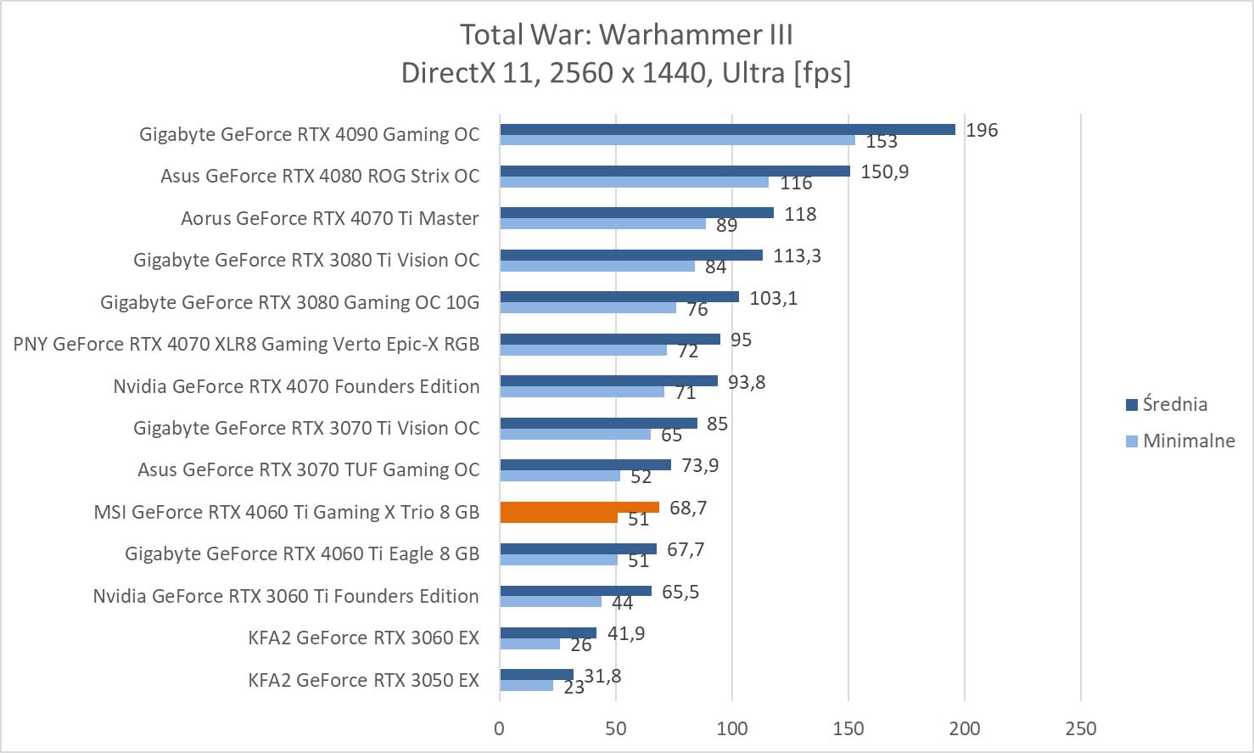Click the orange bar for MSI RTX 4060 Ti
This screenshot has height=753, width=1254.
click(579, 508)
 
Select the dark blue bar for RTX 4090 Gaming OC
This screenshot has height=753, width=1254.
click(727, 129)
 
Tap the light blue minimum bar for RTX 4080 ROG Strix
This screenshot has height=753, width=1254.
click(634, 182)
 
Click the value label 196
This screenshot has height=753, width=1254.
click(982, 130)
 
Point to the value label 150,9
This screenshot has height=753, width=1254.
click(884, 171)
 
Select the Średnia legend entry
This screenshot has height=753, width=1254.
click(1174, 404)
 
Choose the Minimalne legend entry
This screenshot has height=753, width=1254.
click(1188, 441)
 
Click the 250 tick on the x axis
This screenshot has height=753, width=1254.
click(1080, 728)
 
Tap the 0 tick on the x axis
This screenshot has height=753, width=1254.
click(500, 728)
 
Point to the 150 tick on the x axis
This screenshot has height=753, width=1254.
click(848, 728)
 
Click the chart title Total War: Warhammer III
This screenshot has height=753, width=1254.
click(626, 35)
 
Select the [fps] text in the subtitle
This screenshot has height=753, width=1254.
click(821, 73)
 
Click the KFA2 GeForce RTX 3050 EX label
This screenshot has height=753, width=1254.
click(363, 680)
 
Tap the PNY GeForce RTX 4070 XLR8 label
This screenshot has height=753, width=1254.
click(246, 344)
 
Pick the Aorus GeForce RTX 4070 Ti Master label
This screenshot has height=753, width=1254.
click(329, 218)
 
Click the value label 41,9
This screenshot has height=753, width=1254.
click(625, 633)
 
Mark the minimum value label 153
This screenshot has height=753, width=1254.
click(882, 142)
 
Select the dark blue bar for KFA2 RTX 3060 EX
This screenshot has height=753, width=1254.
click(548, 633)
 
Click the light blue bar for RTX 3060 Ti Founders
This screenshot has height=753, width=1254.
click(551, 601)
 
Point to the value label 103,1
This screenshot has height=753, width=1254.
click(773, 298)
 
